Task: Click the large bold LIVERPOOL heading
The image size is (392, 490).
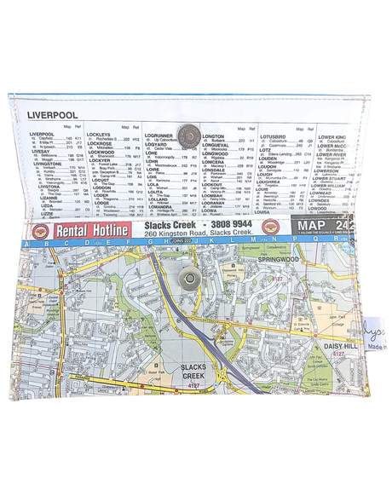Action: point(53,113)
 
